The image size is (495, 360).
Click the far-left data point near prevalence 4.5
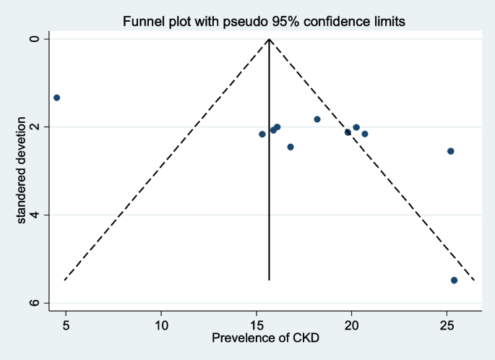click(56, 98)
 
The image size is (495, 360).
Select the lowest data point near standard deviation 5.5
click(454, 280)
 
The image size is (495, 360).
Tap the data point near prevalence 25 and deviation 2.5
click(450, 151)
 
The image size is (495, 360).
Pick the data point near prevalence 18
click(317, 119)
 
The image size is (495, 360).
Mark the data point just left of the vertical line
click(262, 134)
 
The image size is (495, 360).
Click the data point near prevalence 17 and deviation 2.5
click(290, 147)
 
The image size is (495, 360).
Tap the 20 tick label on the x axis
click(351, 324)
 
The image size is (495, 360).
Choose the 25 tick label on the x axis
click(447, 324)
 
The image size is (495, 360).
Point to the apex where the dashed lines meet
click(269, 38)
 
